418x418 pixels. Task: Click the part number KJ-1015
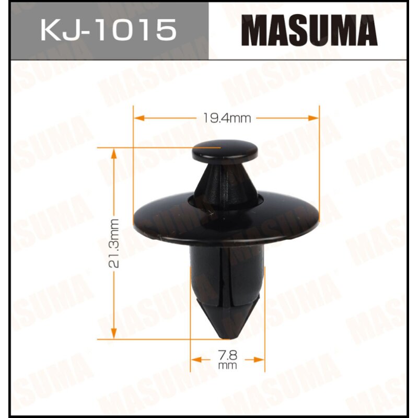(108, 30)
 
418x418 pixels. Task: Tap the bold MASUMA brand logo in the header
(312, 31)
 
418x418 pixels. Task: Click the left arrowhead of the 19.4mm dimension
(138, 118)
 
